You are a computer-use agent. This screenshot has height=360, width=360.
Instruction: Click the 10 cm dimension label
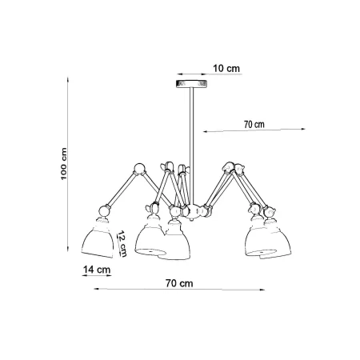coord(226,69)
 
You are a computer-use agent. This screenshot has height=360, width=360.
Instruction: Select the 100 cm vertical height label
coord(64,164)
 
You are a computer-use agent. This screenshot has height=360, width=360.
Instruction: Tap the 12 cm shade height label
coord(122,244)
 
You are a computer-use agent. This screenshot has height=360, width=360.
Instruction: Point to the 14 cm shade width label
coord(97,270)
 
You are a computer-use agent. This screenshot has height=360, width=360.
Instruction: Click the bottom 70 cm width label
coord(179,283)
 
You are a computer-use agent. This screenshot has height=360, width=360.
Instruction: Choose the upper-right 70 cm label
coord(254,125)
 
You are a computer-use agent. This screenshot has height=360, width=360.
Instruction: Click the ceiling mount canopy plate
coord(191,84)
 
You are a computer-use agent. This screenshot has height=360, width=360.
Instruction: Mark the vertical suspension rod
coord(192,146)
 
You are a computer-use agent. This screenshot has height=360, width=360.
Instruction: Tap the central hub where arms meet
coord(194,210)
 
